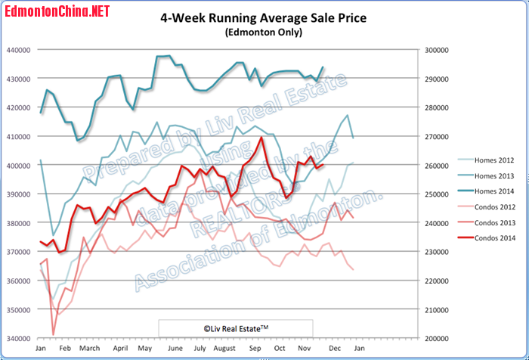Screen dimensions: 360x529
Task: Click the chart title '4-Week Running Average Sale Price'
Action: point(264,18)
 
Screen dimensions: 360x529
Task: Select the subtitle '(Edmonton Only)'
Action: point(264,33)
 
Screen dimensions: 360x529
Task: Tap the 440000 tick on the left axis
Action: point(17,50)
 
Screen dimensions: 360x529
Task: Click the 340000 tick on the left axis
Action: point(17,338)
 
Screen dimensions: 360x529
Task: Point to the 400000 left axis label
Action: point(17,166)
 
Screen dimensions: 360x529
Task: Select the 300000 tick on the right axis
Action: point(435,50)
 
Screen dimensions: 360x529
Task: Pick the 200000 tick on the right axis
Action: point(435,338)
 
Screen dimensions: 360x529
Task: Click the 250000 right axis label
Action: point(435,194)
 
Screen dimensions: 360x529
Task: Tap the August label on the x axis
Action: point(224,349)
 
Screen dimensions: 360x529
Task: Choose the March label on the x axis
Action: point(89,349)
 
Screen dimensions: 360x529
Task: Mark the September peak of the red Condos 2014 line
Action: point(261,138)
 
